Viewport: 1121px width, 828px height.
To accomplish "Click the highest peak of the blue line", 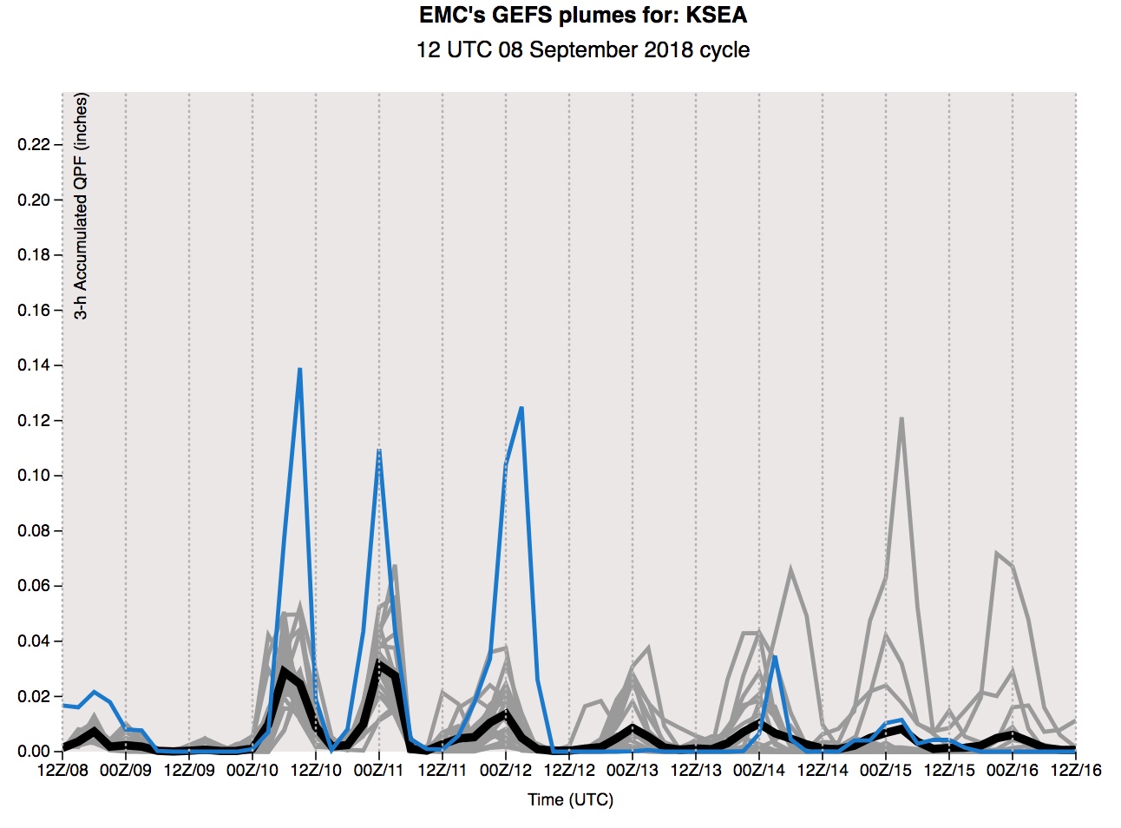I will (299, 369).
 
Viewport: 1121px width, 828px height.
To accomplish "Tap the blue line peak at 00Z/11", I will (379, 450).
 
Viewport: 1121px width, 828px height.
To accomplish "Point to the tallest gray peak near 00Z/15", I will (902, 418).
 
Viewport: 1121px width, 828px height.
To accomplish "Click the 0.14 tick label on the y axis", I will (34, 365).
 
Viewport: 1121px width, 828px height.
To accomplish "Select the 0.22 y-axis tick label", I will (34, 144).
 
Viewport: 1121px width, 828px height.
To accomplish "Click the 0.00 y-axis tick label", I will (34, 752).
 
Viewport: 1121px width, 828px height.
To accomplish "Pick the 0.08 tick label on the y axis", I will (34, 531).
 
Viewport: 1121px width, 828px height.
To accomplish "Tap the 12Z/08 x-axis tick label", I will (63, 770).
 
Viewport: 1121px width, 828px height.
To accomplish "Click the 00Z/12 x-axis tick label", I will (506, 770).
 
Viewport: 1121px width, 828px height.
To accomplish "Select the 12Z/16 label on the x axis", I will (1076, 770).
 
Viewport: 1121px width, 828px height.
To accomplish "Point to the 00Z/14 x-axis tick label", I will (759, 770).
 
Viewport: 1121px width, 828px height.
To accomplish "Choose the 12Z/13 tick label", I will (696, 770).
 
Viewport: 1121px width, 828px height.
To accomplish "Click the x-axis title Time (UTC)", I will (570, 799).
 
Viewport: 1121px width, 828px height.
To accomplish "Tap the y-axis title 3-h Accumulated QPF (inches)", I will (81, 207).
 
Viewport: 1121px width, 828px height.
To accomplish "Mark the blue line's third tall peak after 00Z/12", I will (521, 408).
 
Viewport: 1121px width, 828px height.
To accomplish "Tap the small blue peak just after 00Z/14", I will (775, 657).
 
